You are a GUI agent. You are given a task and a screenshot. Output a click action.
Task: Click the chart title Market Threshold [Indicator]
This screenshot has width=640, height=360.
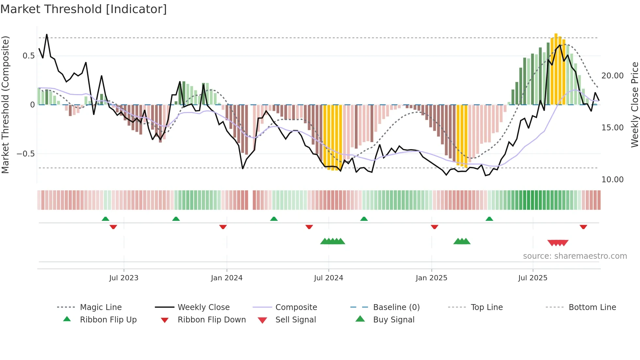(x=84, y=9)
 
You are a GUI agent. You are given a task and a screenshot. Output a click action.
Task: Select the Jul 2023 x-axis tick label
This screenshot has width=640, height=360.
(x=124, y=278)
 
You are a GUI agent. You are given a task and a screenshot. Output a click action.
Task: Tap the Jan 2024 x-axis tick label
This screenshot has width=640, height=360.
(x=227, y=278)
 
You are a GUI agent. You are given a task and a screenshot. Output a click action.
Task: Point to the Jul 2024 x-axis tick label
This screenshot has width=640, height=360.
(x=328, y=278)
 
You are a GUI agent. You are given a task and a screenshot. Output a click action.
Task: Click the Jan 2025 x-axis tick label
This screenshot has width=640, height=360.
(x=431, y=278)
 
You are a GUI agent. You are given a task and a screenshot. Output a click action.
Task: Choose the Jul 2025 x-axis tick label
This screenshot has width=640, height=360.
(x=533, y=278)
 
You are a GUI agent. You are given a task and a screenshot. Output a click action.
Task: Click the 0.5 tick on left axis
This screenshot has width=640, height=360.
(x=28, y=56)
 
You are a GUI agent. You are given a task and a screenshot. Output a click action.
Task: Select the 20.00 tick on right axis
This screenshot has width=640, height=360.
(x=612, y=76)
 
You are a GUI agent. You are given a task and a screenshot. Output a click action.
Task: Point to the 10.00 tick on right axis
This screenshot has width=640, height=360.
(x=612, y=180)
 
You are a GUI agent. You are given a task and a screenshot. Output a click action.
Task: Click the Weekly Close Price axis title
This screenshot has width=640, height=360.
(x=634, y=105)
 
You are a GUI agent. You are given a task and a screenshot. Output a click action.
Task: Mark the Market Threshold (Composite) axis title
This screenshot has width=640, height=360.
(x=5, y=105)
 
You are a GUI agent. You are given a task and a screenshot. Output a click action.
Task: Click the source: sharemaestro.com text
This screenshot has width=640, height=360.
(x=575, y=256)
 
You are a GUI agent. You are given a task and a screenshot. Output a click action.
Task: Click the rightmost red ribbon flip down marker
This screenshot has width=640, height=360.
(x=583, y=227)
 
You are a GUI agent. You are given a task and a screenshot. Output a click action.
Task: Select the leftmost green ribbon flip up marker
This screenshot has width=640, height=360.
(x=105, y=219)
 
